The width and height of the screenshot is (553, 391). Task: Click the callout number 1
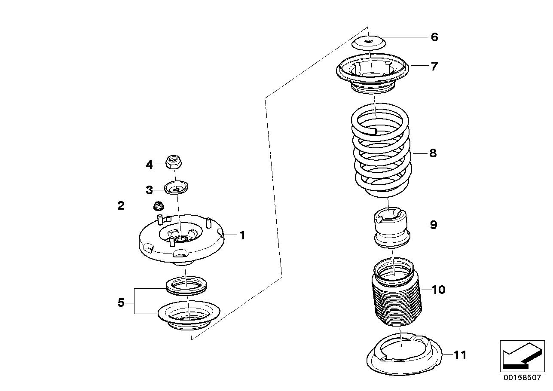coord(242,235)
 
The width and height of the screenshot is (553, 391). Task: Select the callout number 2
coord(121,206)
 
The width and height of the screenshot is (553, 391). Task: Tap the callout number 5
coord(121,303)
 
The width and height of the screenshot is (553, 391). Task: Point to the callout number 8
coord(433,153)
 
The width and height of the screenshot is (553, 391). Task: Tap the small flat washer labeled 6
coord(369,43)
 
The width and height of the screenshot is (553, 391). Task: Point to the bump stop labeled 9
coord(391,227)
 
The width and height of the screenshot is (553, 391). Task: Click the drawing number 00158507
coord(522,378)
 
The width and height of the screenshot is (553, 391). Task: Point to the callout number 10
coord(438,290)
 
